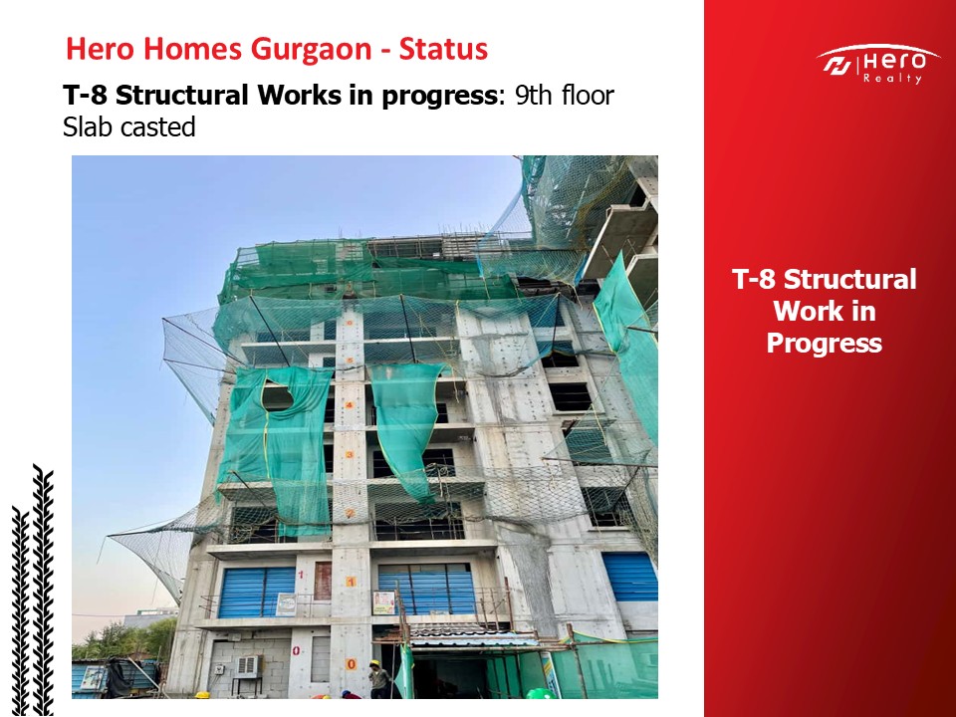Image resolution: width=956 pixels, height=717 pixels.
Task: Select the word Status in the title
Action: coord(443,49)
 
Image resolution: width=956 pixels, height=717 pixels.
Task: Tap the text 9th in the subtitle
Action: coord(533,96)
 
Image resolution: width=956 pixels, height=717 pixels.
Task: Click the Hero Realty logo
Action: coord(876,64)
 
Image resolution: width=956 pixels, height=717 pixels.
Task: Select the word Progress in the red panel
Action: coord(824,343)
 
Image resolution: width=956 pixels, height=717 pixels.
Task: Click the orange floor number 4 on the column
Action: coord(350,405)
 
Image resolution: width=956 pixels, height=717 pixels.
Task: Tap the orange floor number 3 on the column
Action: coord(350,454)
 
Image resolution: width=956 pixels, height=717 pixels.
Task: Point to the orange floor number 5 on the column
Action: coord(350,360)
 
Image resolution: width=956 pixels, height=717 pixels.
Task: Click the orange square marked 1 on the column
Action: coord(351,582)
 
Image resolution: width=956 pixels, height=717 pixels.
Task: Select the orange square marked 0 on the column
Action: coord(352,664)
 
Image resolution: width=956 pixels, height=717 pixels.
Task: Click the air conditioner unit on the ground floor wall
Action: coord(247,666)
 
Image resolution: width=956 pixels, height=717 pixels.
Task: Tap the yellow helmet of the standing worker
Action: coord(374,663)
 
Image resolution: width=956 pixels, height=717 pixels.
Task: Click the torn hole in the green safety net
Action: coord(278,397)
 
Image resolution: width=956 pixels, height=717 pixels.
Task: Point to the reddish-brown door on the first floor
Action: coord(323,581)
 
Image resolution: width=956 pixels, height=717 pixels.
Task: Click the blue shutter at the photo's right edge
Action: coord(629,577)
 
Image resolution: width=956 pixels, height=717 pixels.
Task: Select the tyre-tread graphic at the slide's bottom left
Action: coord(33,591)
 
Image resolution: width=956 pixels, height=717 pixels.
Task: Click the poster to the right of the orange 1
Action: coord(383,602)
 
